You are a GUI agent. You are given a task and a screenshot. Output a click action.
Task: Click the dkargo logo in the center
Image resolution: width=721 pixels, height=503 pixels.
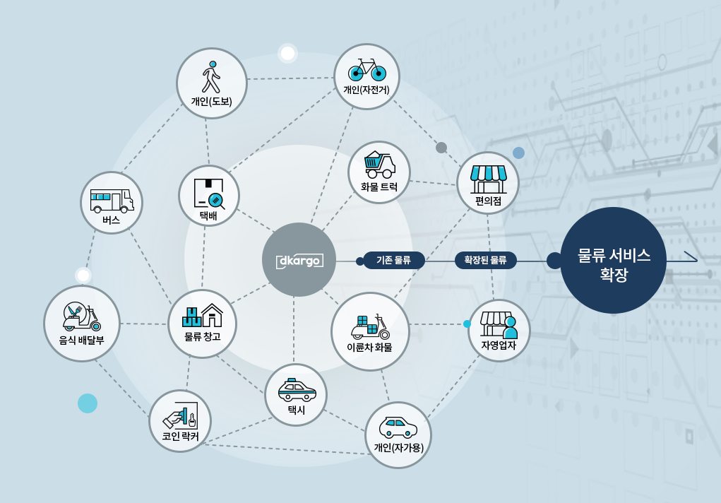(x=299, y=260)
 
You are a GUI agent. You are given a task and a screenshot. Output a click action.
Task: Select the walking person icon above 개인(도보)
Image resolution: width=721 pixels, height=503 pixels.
(x=211, y=77)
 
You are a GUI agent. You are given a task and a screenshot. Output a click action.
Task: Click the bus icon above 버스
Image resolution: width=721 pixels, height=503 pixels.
(x=112, y=200)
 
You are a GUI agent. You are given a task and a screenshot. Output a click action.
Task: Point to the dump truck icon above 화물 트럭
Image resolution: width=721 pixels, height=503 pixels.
(x=379, y=165)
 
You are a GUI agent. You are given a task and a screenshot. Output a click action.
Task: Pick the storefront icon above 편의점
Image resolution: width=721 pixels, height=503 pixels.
(x=488, y=179)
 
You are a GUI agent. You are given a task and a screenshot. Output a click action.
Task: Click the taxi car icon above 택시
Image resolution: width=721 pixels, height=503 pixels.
(x=297, y=390)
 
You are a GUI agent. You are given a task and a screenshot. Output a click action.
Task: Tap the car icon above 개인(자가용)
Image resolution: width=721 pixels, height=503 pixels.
(x=398, y=427)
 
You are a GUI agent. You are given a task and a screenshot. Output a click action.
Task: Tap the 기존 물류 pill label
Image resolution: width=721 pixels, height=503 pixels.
(x=393, y=260)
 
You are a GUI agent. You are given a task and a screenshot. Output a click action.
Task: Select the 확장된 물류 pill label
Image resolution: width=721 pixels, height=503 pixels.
(x=486, y=260)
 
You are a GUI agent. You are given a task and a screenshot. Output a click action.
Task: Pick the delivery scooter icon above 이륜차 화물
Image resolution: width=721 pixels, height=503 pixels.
(x=370, y=327)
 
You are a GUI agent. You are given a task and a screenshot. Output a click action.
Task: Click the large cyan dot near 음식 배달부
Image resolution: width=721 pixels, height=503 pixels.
(x=88, y=403)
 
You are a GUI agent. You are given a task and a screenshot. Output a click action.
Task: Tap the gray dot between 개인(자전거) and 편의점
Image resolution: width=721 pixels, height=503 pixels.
(x=441, y=148)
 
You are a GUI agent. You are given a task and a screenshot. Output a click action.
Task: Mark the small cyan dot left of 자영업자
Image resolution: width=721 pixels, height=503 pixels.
(x=467, y=324)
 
